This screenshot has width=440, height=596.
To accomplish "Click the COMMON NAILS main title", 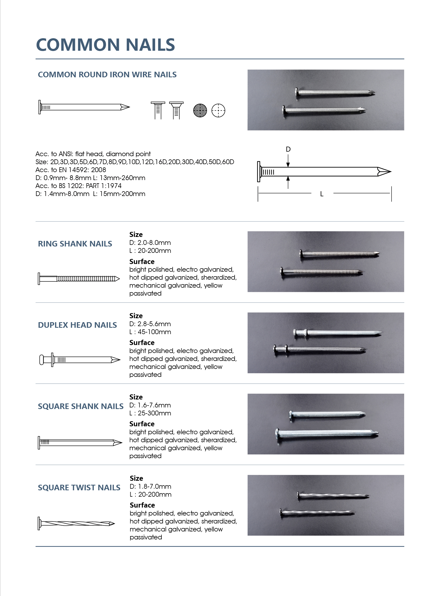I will click(x=105, y=45).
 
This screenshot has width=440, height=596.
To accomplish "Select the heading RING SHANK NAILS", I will click(x=75, y=244).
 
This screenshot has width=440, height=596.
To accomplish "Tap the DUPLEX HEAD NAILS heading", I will click(x=77, y=325).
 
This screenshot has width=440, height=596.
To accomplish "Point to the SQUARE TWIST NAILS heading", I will click(x=79, y=487).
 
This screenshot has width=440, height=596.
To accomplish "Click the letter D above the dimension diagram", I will click(x=288, y=149).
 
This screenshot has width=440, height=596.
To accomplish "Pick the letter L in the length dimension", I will click(x=322, y=194).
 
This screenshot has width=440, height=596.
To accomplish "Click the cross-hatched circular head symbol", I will click(x=200, y=110).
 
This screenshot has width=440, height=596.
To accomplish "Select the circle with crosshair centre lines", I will click(x=218, y=110).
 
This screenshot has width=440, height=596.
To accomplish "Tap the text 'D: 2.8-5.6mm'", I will click(x=150, y=324).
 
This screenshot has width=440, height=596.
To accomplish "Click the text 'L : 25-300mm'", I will click(x=150, y=413).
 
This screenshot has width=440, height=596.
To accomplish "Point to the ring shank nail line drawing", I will click(x=79, y=279).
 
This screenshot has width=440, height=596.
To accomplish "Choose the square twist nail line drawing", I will click(x=76, y=523).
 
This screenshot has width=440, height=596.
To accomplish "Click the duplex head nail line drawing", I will click(x=80, y=360).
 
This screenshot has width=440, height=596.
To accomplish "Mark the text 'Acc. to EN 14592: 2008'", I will click(x=70, y=170).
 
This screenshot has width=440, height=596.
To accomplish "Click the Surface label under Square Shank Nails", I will click(x=142, y=424).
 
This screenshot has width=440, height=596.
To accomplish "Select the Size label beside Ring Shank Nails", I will click(x=136, y=235).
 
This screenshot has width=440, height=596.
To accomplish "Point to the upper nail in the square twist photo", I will click(x=333, y=495).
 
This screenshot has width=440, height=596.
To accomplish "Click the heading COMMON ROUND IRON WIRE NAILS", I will click(x=107, y=74).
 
